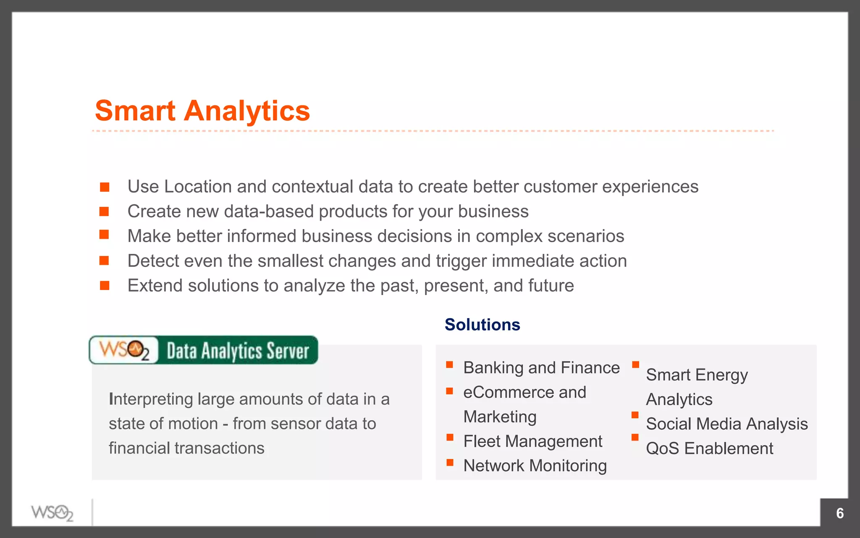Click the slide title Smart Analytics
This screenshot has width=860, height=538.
pyautogui.click(x=202, y=111)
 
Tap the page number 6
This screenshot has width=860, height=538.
pyautogui.click(x=840, y=513)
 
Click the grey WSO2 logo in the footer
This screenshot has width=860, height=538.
pyautogui.click(x=52, y=513)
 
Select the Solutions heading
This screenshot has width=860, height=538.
pyautogui.click(x=482, y=325)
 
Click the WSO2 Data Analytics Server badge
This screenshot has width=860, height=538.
pyautogui.click(x=204, y=350)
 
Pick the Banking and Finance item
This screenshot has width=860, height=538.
pyautogui.click(x=541, y=368)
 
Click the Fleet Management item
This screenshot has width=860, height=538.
pyautogui.click(x=532, y=441)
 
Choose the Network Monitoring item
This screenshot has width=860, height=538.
pyautogui.click(x=535, y=466)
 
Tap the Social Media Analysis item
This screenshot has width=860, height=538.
pyautogui.click(x=726, y=424)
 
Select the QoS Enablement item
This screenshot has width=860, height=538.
pyautogui.click(x=709, y=448)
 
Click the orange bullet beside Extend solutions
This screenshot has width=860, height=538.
pyautogui.click(x=105, y=286)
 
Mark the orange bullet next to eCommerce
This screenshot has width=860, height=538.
pyautogui.click(x=449, y=391)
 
